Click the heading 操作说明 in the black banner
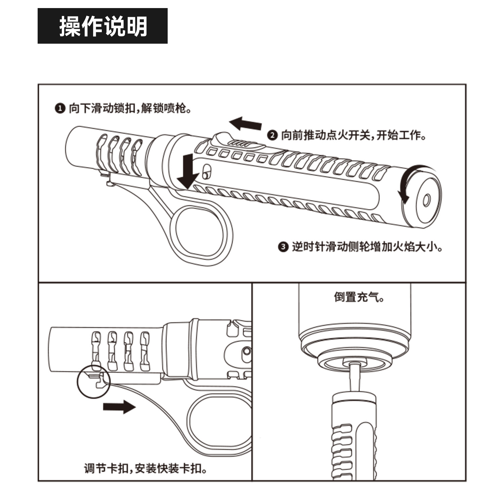[103, 26]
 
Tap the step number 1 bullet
[59, 109]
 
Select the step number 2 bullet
[272, 135]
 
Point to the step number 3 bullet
[283, 247]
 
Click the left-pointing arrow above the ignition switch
[245, 123]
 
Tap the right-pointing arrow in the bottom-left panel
[119, 407]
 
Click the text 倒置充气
[359, 297]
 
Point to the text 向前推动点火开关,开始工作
[353, 135]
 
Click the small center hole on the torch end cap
[426, 201]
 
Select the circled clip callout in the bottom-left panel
[93, 382]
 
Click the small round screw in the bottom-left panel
[247, 351]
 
